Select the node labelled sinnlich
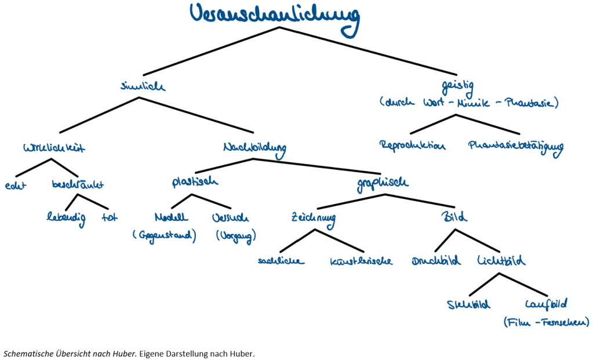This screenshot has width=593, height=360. pos(142,87)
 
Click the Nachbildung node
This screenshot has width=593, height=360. pos(254,148)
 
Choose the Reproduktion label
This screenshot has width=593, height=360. pos(413,146)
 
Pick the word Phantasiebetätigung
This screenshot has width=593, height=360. pos(515,147)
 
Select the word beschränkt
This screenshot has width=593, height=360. pos(78,186)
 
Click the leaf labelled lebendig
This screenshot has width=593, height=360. pos(66,219)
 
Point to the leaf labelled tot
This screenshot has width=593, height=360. pos(110,219)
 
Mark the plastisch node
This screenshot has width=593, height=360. pos(195,182)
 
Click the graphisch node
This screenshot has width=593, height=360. pos(383,183)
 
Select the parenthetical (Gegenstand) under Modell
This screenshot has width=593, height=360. pos(165,237)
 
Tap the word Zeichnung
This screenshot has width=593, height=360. pos(313,219)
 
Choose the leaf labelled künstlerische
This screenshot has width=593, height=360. pos(361,261)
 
